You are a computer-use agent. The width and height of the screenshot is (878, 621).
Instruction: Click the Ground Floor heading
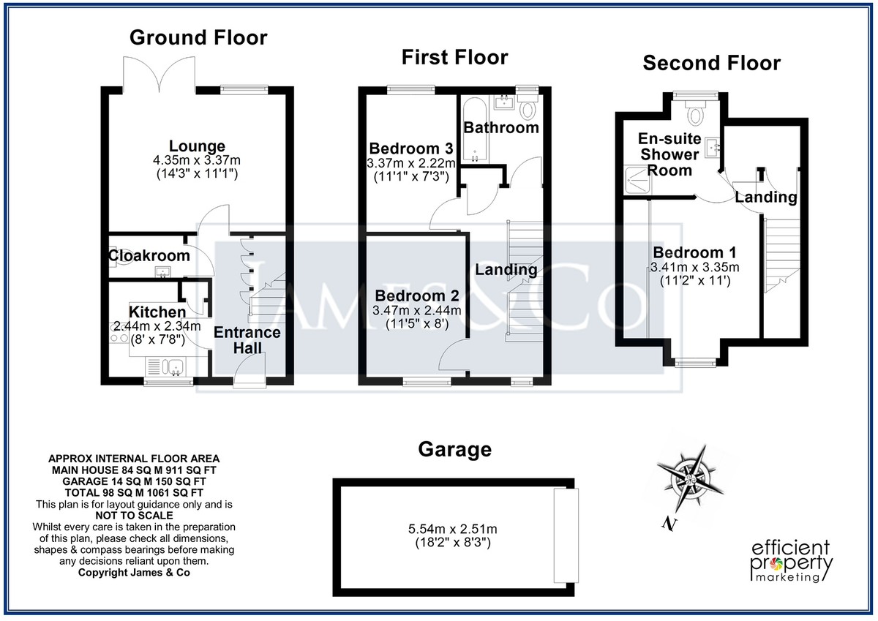198,37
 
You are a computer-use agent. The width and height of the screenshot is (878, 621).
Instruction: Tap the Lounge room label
197,146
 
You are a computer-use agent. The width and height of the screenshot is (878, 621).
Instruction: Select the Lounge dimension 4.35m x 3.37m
197,160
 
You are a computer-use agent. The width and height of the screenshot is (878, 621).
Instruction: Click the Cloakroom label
149,255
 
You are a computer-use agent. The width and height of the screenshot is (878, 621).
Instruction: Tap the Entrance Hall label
247,340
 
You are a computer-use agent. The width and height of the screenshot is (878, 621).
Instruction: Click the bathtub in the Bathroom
475,129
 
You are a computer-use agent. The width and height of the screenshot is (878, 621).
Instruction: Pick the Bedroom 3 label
411,148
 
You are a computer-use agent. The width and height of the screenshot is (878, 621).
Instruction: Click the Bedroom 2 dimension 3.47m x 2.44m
416,311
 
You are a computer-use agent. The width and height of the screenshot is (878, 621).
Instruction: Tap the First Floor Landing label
506,270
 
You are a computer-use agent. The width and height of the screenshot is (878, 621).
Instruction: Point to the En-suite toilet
696,113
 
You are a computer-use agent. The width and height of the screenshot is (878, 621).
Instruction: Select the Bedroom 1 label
694,252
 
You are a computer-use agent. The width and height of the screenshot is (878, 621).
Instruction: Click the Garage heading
454,449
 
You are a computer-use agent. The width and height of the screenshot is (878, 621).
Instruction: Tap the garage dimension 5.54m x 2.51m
453,530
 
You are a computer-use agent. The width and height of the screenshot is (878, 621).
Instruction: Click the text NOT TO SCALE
134,515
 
